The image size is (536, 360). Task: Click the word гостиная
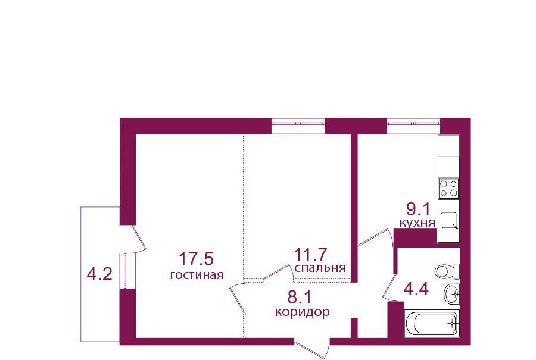[197, 274]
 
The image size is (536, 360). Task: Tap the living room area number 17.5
[196, 259]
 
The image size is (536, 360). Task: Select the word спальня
[320, 268]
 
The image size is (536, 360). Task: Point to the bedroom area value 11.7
[311, 255]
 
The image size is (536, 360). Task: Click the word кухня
[417, 223]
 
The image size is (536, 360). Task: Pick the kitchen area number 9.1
[417, 209]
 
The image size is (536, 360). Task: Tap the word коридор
[303, 312]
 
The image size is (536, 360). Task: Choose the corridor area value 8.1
[300, 298]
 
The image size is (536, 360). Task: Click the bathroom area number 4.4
[416, 290]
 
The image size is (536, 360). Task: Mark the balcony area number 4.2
[99, 274]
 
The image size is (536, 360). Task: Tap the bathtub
[432, 323]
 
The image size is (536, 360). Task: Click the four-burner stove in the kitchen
[449, 189]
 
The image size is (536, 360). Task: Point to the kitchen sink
[448, 221]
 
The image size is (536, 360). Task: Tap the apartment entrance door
[311, 348]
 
